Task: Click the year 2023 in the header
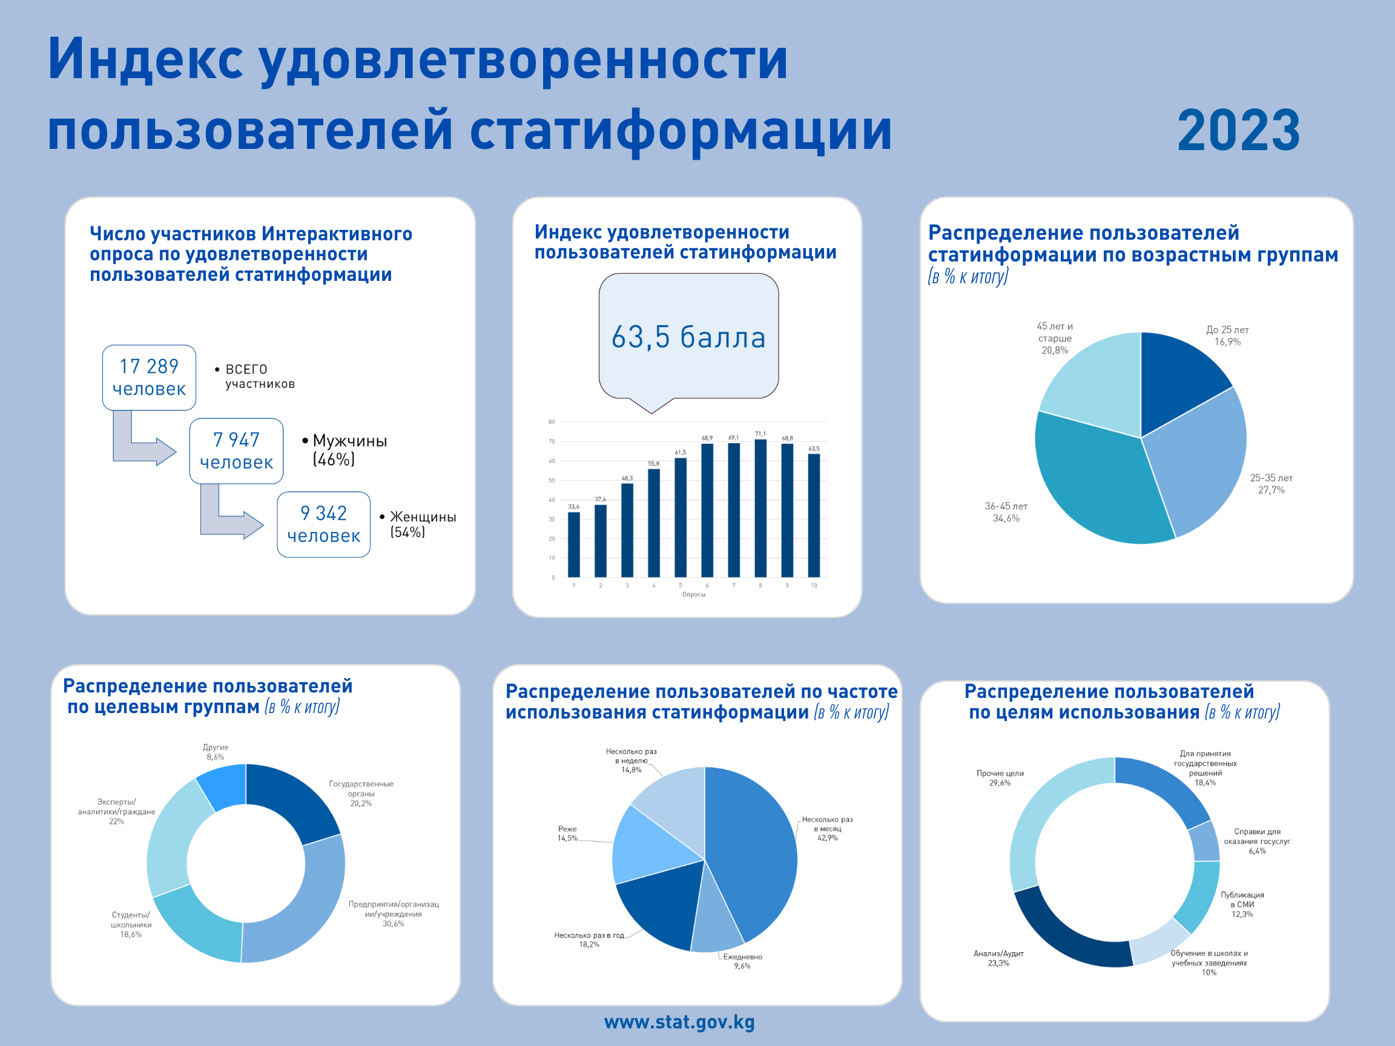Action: [1238, 131]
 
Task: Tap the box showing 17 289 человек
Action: [149, 377]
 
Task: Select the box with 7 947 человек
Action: [236, 451]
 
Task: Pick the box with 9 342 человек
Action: [323, 524]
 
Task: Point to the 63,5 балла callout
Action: [688, 337]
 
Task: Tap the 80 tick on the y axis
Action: [552, 422]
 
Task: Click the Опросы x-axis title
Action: [694, 594]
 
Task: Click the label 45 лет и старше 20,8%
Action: [1055, 338]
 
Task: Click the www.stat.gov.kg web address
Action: [679, 1021]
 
